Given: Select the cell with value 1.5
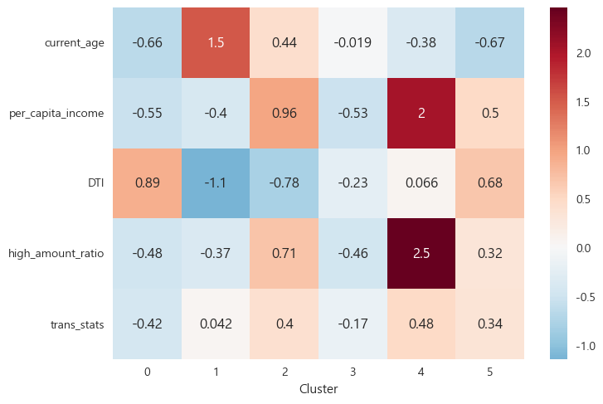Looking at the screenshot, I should [216, 42].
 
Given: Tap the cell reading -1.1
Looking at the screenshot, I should [216, 183].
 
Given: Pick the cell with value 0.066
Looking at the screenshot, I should [421, 183].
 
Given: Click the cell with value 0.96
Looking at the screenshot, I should [284, 113].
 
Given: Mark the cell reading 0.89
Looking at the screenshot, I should [147, 183].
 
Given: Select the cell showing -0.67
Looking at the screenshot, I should [489, 42].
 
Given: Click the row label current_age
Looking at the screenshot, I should [75, 43].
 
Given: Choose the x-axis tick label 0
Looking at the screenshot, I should [147, 372].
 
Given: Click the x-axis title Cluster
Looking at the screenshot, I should [319, 388].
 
